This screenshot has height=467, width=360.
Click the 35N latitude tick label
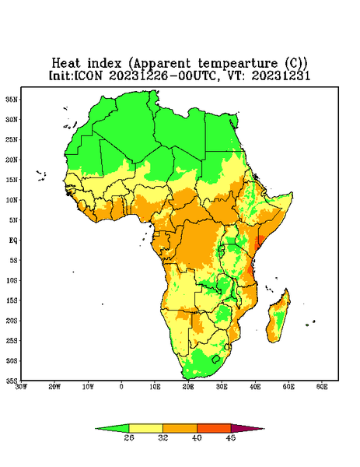[x=12, y=100]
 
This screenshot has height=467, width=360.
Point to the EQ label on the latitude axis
[x=13, y=240]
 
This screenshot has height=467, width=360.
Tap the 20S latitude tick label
[x=12, y=321]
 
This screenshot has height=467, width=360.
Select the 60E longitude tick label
[x=322, y=387]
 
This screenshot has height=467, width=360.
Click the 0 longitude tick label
[x=121, y=387]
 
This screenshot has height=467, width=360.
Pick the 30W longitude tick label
[x=21, y=387]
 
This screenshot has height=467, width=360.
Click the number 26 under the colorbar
[x=129, y=437]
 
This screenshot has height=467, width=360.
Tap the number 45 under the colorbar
[x=231, y=437]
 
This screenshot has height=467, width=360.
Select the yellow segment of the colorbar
[x=145, y=428]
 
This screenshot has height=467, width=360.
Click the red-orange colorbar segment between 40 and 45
[x=214, y=428]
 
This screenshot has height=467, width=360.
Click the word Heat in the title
[x=66, y=64]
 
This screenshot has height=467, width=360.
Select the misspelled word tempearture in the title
[x=238, y=64]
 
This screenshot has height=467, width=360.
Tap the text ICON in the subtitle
[x=89, y=75]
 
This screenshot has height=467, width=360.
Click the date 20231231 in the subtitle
[x=281, y=75]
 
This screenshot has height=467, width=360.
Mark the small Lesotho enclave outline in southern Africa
[x=216, y=359]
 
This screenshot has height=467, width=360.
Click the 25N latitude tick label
[x=12, y=139]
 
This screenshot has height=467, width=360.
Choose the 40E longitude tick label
[x=255, y=387]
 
